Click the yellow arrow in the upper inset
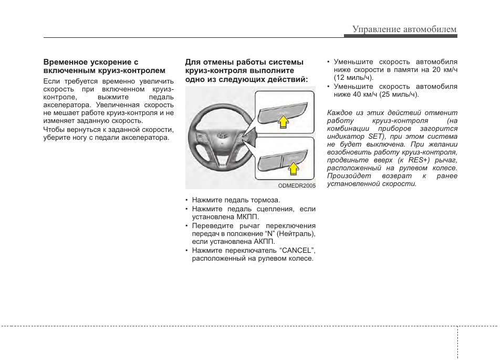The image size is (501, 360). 283,122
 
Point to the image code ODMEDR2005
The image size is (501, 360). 297,186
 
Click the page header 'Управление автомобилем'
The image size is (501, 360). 404,29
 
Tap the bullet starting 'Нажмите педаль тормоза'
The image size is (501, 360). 236,200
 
